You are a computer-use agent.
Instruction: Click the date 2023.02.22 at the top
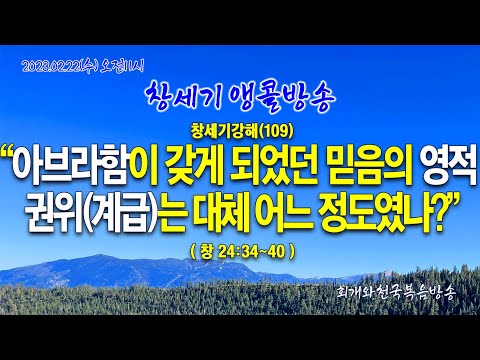(x=52, y=67)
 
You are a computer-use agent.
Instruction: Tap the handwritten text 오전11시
(x=122, y=67)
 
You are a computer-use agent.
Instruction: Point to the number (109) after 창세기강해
(x=279, y=132)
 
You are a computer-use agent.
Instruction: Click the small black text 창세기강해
(x=227, y=132)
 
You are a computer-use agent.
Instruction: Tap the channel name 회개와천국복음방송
(x=396, y=293)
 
